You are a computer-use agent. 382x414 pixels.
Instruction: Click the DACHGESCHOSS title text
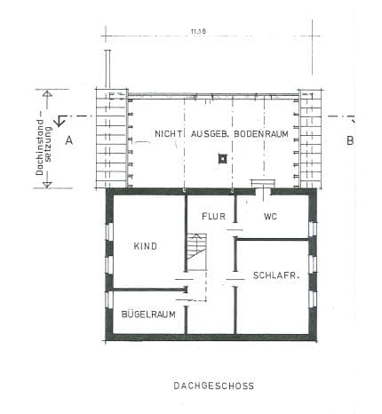(213, 386)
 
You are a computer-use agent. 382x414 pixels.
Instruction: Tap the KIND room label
(145, 246)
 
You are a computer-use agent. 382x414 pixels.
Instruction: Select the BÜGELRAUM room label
(148, 314)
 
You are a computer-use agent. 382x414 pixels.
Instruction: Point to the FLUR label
(213, 217)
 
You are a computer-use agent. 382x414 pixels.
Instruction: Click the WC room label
(270, 217)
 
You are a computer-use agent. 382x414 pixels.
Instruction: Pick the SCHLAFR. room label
(276, 275)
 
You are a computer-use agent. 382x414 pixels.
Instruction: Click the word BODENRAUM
(261, 134)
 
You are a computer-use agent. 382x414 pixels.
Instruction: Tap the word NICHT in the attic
(169, 134)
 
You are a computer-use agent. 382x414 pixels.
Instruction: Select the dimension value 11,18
(198, 31)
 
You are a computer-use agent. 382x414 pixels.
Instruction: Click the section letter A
(69, 140)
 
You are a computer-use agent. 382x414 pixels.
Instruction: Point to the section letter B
(350, 140)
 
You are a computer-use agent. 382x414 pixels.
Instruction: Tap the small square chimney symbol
(222, 159)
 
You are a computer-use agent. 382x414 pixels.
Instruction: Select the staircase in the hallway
(196, 251)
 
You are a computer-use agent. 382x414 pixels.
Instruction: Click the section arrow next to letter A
(61, 121)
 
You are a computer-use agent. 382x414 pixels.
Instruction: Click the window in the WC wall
(313, 229)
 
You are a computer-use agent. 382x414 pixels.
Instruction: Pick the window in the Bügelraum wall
(109, 299)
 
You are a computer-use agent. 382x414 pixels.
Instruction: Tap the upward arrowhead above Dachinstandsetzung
(47, 94)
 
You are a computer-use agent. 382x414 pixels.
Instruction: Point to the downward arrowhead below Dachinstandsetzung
(47, 185)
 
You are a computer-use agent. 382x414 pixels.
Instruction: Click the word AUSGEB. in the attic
(211, 134)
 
